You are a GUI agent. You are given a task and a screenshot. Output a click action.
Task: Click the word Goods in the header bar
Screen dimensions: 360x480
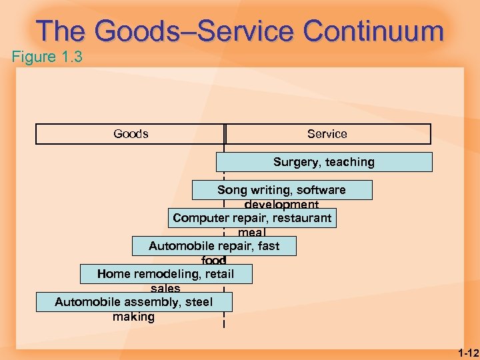(131, 134)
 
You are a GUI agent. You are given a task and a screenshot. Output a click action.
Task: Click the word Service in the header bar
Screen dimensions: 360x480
(327, 134)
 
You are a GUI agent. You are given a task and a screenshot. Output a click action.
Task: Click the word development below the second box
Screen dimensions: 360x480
(281, 205)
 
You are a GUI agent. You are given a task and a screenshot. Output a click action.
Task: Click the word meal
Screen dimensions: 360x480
(251, 233)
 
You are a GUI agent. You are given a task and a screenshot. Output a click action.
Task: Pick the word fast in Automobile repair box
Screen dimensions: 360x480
(268, 246)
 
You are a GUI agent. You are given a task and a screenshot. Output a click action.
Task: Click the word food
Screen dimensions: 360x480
(213, 261)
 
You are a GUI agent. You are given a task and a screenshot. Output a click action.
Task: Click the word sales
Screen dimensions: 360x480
(165, 289)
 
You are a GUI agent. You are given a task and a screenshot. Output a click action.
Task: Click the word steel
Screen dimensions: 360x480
(199, 302)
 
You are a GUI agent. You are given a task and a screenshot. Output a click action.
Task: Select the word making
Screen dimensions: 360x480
(133, 317)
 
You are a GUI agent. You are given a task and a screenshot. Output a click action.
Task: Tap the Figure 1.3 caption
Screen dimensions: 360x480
(47, 57)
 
